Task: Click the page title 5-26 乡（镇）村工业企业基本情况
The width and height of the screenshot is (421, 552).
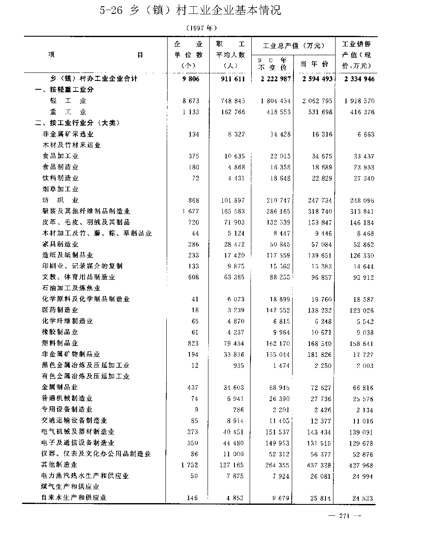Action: [191, 11]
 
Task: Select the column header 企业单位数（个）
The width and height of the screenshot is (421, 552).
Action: [188, 55]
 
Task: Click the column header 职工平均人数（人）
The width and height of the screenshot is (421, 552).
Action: [230, 55]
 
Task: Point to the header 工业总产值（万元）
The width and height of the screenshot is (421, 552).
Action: [293, 46]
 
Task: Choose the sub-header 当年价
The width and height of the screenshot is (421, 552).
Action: [314, 64]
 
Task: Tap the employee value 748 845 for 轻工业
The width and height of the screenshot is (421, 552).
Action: [233, 101]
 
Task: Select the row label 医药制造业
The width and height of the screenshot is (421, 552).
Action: [60, 310]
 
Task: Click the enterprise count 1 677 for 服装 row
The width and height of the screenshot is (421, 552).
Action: [190, 212]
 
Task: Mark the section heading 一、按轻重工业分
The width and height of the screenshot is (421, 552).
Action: [64, 90]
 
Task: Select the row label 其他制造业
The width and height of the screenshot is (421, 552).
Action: [60, 465]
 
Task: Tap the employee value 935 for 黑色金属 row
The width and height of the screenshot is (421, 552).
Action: [238, 366]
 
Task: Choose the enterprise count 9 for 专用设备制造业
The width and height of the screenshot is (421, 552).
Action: [196, 410]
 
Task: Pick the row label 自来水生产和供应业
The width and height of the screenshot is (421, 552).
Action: [74, 498]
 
